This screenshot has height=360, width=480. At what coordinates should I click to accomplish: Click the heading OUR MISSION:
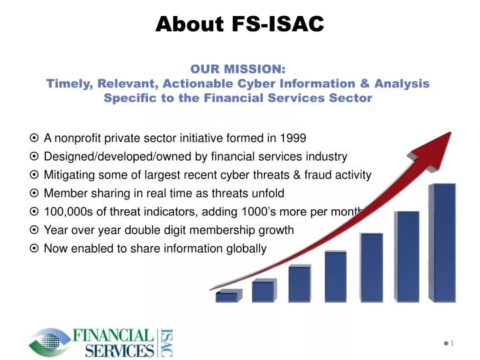(238, 69)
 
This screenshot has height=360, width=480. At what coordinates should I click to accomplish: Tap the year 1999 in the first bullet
(293, 139)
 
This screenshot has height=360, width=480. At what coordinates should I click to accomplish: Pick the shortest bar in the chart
(226, 297)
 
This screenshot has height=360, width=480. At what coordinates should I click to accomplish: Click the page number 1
(451, 343)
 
